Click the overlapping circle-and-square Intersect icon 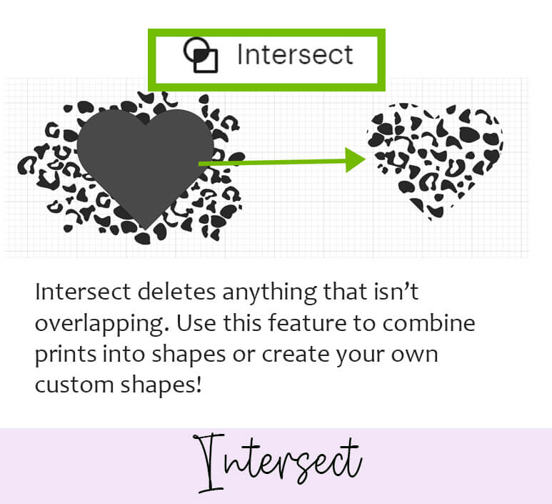(x=201, y=55)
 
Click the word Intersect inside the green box (x=295, y=54)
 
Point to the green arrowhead (x=356, y=160)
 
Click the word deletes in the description (x=176, y=292)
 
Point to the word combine (x=428, y=323)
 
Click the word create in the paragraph (x=295, y=355)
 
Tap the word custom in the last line (x=74, y=385)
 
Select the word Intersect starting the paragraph (x=82, y=292)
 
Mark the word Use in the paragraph (x=196, y=323)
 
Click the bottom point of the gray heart (x=146, y=229)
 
